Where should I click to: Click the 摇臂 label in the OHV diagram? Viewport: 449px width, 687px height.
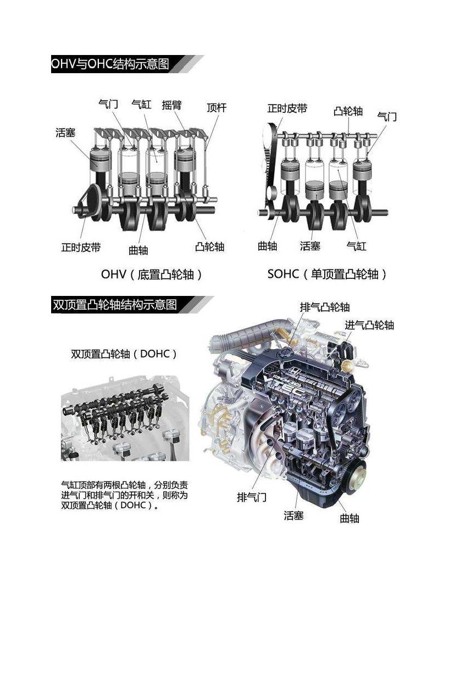pyautogui.click(x=171, y=105)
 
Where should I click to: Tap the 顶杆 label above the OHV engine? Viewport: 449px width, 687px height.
pyautogui.click(x=217, y=108)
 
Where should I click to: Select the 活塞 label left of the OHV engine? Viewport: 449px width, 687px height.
pyautogui.click(x=65, y=133)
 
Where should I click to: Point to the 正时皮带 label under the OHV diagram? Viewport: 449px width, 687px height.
pyautogui.click(x=81, y=247)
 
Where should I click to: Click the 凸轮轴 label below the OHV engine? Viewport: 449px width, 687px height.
pyautogui.click(x=209, y=247)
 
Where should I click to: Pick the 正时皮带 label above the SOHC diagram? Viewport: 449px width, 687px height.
pyautogui.click(x=287, y=108)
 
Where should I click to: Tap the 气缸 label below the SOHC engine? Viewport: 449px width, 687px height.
pyautogui.click(x=356, y=246)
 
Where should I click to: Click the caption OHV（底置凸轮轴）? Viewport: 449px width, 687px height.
pyautogui.click(x=152, y=274)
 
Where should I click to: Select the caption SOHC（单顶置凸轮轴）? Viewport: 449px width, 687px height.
pyautogui.click(x=328, y=274)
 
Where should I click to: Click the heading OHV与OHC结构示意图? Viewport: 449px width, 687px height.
pyautogui.click(x=110, y=64)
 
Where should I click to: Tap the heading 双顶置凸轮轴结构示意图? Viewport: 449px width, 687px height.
pyautogui.click(x=115, y=305)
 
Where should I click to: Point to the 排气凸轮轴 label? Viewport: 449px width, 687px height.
pyautogui.click(x=325, y=307)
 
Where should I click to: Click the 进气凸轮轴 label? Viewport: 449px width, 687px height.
pyautogui.click(x=369, y=325)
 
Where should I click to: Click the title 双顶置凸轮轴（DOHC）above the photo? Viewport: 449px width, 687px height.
pyautogui.click(x=124, y=354)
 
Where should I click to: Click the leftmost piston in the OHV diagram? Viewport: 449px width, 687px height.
pyautogui.click(x=100, y=161)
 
